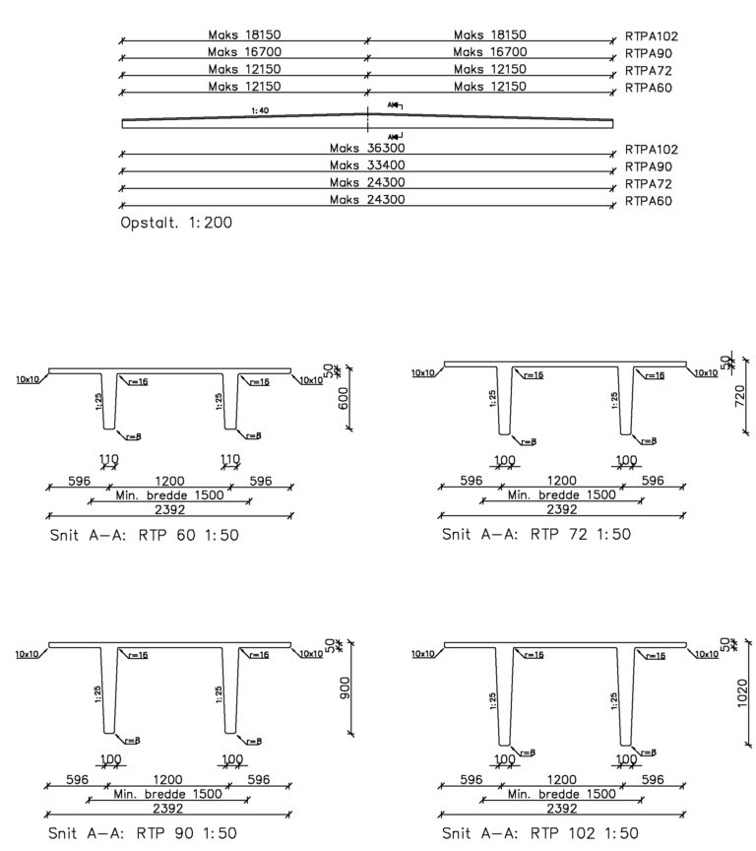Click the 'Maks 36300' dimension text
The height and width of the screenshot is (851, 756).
tap(366, 148)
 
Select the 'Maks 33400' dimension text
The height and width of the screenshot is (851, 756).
tap(366, 164)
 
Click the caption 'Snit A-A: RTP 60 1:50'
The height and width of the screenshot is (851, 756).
tap(143, 536)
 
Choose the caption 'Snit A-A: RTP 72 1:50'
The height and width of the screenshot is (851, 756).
tap(536, 535)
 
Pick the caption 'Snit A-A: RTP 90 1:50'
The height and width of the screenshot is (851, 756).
tap(143, 833)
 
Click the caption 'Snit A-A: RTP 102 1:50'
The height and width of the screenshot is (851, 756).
tap(541, 833)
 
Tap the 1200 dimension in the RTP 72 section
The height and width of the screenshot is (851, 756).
tap(562, 481)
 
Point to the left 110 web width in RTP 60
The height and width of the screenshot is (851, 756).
tap(108, 459)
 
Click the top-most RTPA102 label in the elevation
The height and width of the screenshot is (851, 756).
tap(652, 35)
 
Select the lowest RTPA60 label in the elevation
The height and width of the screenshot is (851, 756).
tap(648, 200)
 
